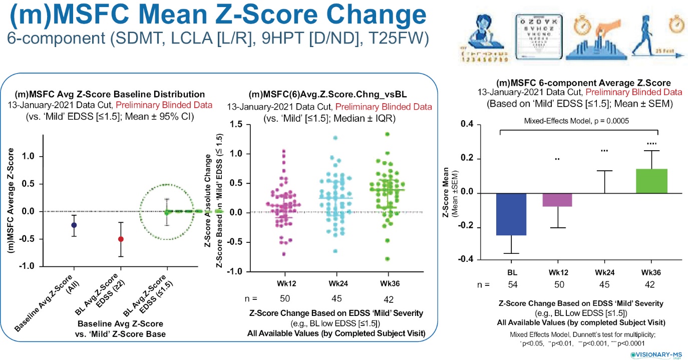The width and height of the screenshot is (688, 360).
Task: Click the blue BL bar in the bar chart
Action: coord(511,214)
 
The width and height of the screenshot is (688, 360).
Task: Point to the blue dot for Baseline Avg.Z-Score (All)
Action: coord(74,225)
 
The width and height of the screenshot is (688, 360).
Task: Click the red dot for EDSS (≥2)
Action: coord(121,239)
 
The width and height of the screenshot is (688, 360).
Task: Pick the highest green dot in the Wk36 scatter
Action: coord(387,134)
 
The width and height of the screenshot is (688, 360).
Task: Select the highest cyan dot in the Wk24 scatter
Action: coord(334,138)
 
